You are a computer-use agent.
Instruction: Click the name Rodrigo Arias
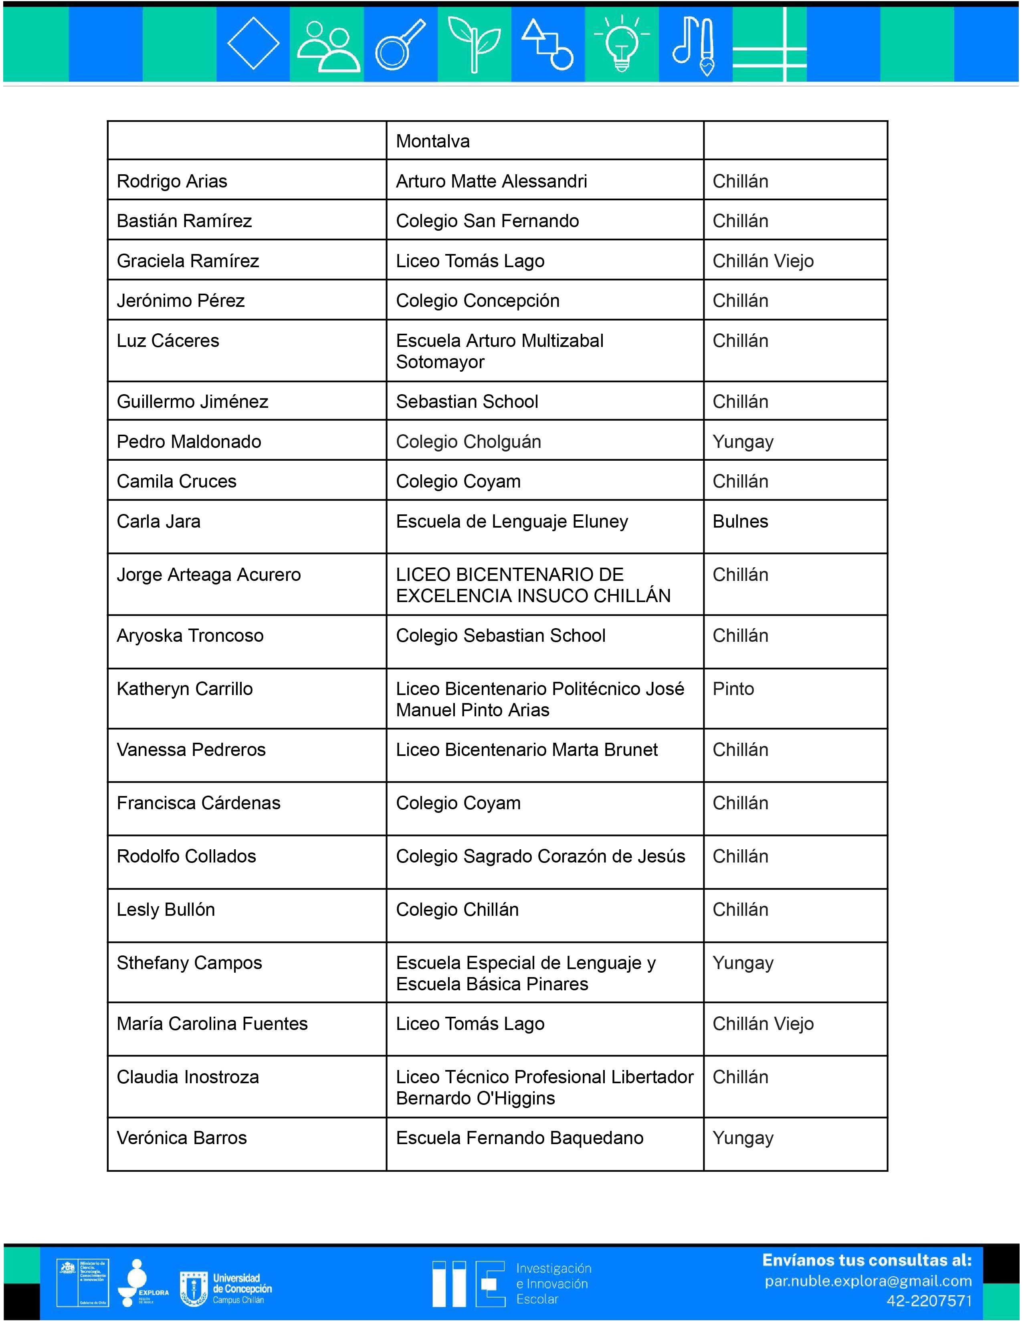[x=172, y=181]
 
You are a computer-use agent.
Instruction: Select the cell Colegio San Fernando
[x=487, y=221]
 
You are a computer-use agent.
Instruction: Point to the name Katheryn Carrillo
[x=185, y=689]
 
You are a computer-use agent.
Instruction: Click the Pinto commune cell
[x=733, y=689]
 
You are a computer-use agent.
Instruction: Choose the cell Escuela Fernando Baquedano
[x=519, y=1138]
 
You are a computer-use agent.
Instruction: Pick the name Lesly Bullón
[x=166, y=909]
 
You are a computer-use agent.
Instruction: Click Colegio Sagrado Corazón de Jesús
[x=540, y=856]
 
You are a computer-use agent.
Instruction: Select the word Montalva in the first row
[x=432, y=141]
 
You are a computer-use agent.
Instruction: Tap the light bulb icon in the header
[x=622, y=44]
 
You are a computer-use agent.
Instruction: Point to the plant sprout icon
[x=474, y=44]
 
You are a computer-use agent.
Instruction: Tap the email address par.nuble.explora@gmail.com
[x=868, y=1282]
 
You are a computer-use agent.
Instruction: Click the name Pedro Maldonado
[x=189, y=441]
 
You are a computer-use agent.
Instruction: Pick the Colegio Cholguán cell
[x=468, y=441]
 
